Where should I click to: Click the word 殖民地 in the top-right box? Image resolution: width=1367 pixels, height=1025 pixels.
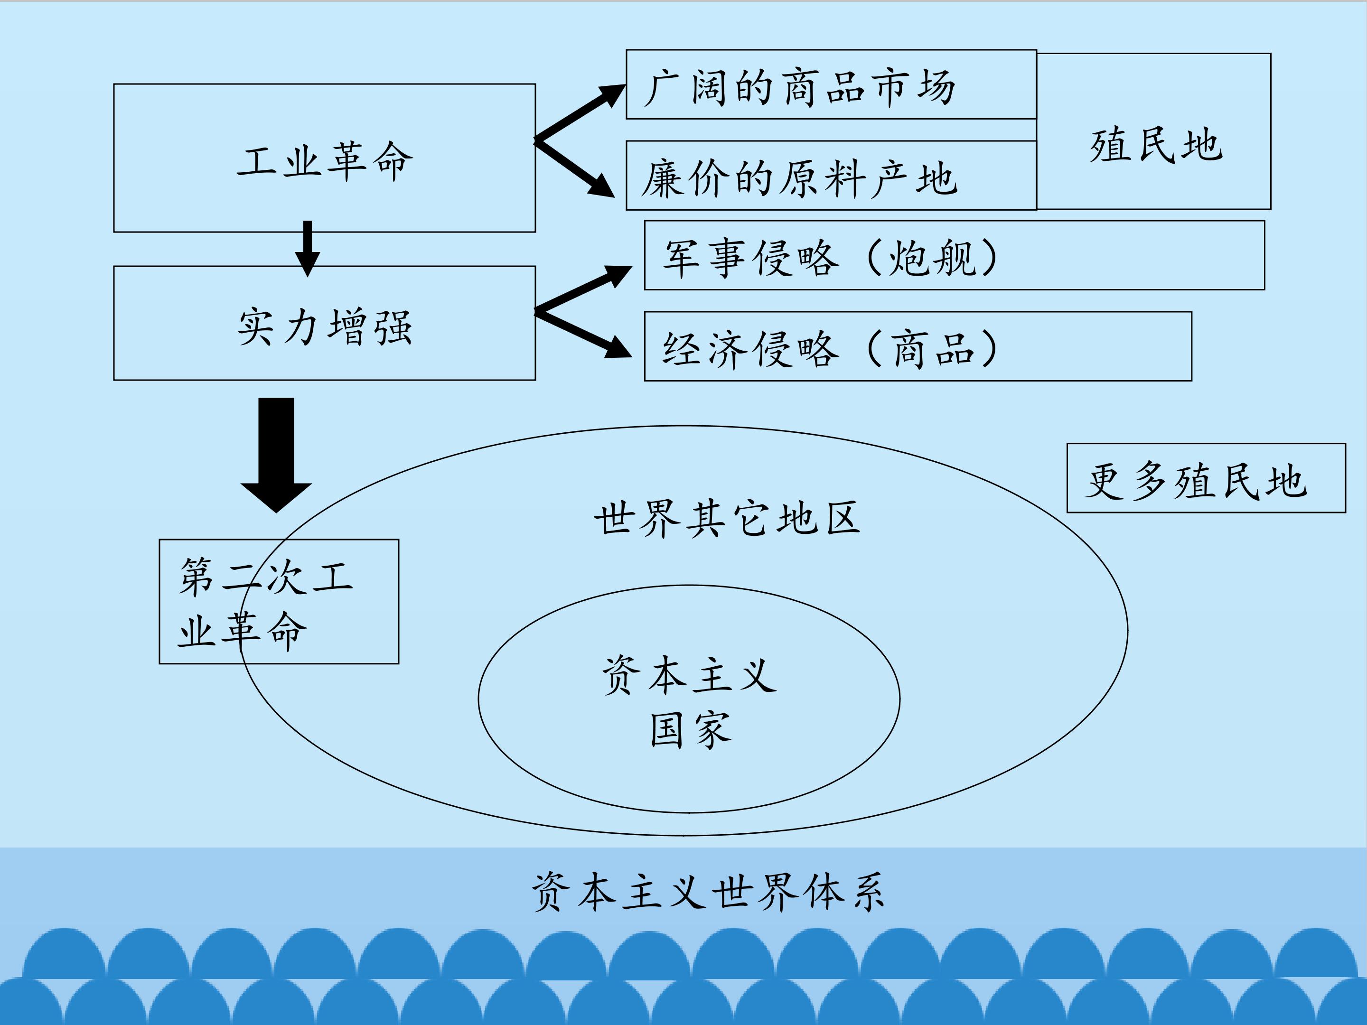pyautogui.click(x=1156, y=146)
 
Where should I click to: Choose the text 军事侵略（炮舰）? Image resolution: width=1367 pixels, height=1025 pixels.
pyautogui.click(x=830, y=257)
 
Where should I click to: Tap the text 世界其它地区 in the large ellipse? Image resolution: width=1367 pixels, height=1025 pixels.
pyautogui.click(x=727, y=518)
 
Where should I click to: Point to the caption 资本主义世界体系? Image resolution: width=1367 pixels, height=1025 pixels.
pyautogui.click(x=708, y=892)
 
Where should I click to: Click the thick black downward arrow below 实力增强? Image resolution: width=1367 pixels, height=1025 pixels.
pyautogui.click(x=276, y=456)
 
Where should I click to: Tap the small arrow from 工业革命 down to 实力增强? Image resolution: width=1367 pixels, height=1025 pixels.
pyautogui.click(x=308, y=248)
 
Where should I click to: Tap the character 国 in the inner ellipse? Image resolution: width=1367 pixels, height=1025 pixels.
pyautogui.click(x=667, y=730)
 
